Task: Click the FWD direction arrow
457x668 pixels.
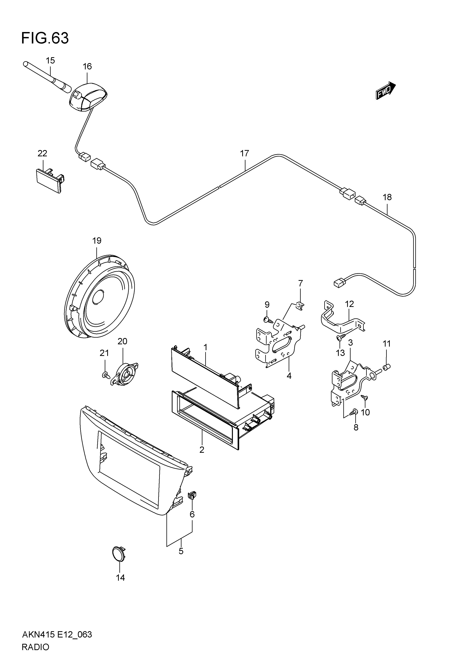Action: click(x=386, y=91)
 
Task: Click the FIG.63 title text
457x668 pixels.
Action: click(x=45, y=38)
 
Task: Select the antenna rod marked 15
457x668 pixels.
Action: click(x=47, y=77)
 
